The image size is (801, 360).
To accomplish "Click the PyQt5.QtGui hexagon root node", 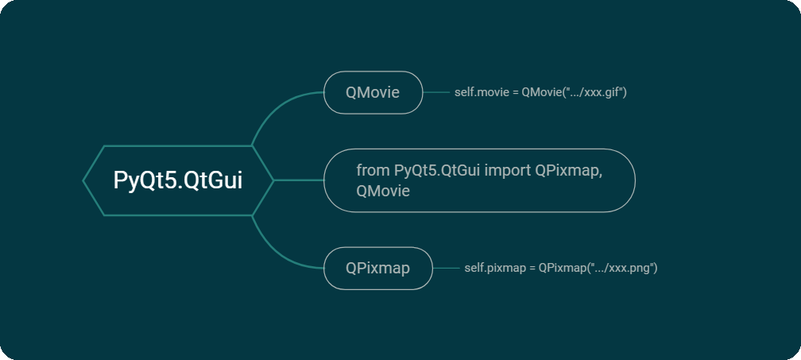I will click(x=178, y=180).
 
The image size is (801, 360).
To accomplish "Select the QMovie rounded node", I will click(x=373, y=92).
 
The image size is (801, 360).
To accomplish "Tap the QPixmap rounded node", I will click(x=377, y=268).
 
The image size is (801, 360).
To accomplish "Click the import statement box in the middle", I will click(x=479, y=180).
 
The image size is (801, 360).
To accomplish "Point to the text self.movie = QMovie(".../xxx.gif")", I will click(x=540, y=92).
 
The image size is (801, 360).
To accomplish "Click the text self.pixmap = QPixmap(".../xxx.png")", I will click(x=560, y=268).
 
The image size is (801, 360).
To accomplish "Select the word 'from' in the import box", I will click(x=373, y=170).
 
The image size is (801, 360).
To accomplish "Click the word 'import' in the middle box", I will click(x=509, y=170).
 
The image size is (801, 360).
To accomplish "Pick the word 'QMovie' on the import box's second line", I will click(x=383, y=191).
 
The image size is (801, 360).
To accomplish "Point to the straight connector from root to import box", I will click(x=298, y=180).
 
